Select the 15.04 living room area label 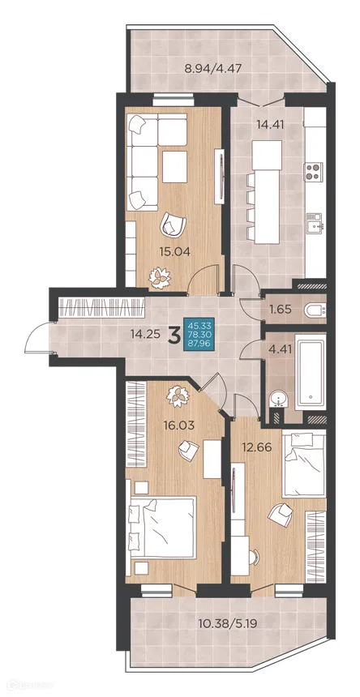pos(175,252)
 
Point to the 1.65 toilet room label pos(280,309)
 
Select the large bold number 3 pos(174,336)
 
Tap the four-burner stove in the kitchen pos(313,172)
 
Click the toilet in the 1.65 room pos(315,310)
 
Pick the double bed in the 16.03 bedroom pos(163,527)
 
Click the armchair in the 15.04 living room pos(172,224)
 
